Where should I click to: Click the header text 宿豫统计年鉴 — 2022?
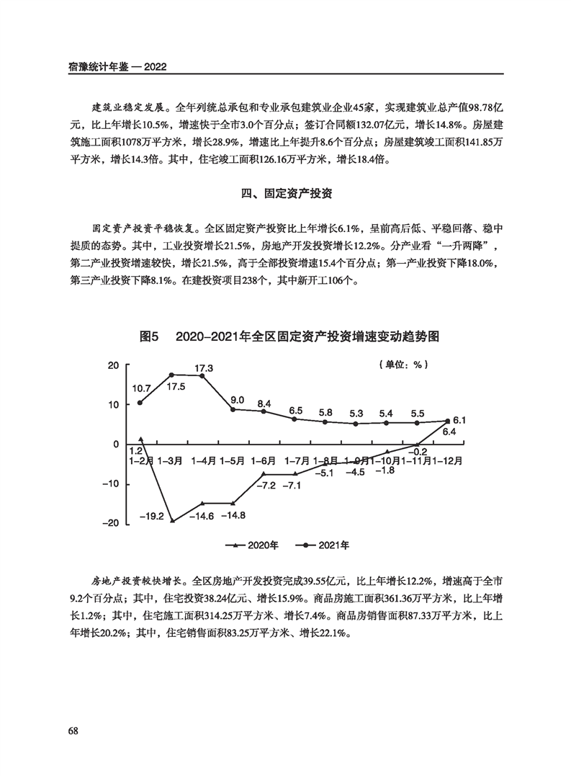click(118, 66)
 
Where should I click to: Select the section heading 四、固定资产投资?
click(285, 194)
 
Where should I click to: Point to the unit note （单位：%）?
click(403, 365)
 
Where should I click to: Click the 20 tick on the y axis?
click(113, 365)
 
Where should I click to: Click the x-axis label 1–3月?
click(171, 459)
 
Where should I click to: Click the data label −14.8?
click(233, 515)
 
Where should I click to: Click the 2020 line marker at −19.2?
click(171, 520)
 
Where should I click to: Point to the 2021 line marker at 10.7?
click(140, 402)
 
